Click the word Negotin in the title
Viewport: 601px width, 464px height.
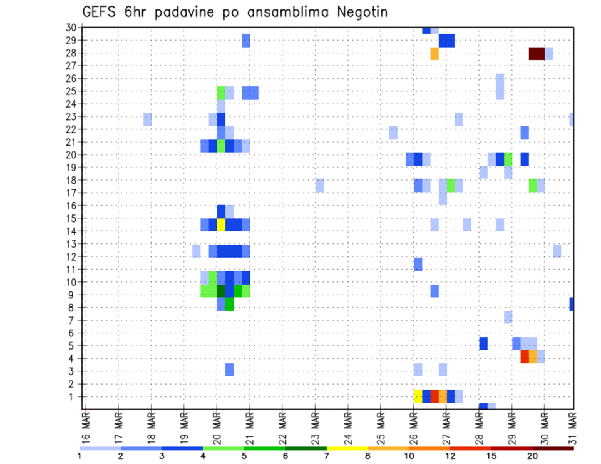click(361, 12)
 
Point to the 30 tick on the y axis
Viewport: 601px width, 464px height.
click(71, 27)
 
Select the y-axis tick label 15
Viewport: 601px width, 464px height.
click(71, 218)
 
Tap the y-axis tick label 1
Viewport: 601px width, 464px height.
click(74, 396)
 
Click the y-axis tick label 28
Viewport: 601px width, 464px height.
click(71, 53)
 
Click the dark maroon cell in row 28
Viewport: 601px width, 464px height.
click(537, 54)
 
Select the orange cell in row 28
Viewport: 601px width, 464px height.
click(434, 54)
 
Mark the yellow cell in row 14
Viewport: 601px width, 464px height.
click(221, 224)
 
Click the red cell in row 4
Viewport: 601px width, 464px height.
click(525, 356)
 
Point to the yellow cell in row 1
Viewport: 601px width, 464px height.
click(418, 396)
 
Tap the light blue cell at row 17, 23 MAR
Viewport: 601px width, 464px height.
click(319, 185)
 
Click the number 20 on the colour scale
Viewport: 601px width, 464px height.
click(533, 456)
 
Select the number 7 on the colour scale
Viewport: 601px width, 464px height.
click(326, 456)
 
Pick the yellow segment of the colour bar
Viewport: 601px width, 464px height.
click(347, 448)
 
